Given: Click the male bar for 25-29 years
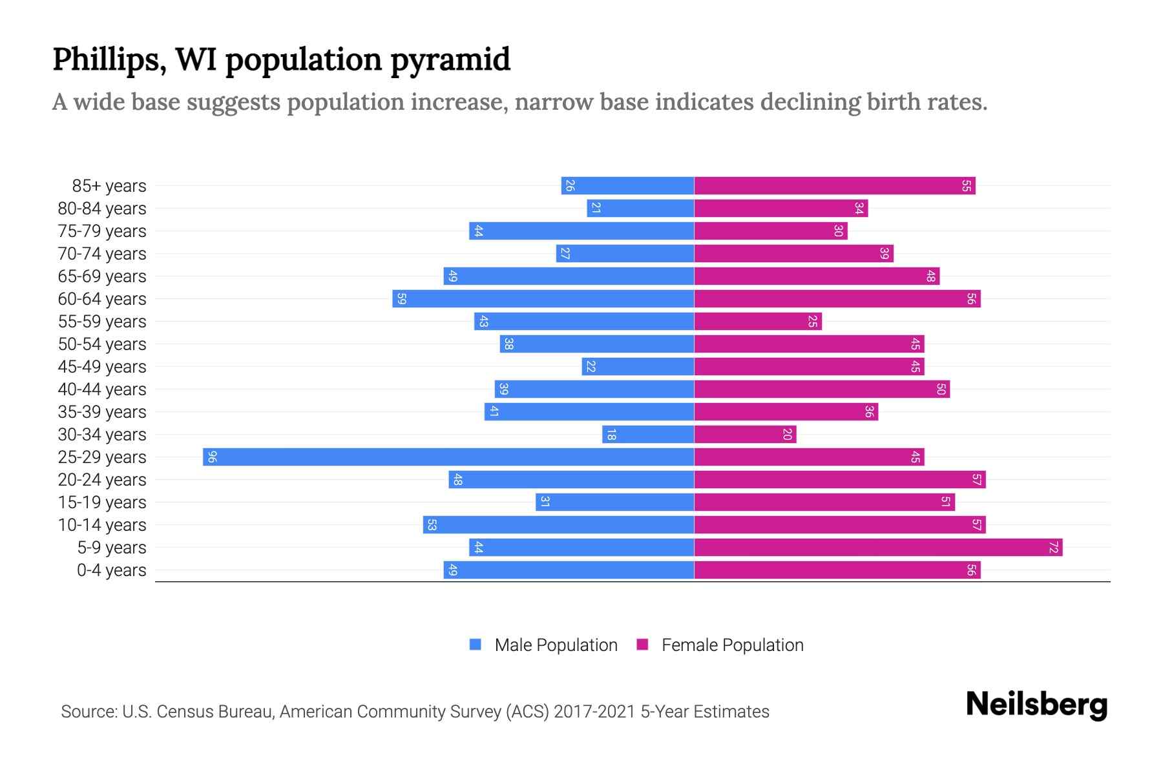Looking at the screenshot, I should pos(448,457).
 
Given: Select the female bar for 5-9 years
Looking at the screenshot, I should pos(878,548).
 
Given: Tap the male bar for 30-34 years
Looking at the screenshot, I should pos(648,435).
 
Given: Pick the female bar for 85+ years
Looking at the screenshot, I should pos(834,186).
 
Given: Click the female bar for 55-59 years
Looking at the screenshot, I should pos(758,322).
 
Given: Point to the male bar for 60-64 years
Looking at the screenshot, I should pos(543,299).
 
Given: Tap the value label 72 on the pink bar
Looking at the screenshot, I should pos(1053,548).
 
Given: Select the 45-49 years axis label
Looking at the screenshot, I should pos(102,367).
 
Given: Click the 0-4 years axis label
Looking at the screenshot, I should pos(111,570).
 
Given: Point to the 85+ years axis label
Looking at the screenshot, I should pos(109,186).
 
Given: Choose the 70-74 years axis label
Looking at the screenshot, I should pos(102,254).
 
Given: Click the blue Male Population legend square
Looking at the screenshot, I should pos(476,645).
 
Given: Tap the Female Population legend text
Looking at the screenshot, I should pos(732,645).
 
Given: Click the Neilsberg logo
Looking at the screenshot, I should pos(1036,705).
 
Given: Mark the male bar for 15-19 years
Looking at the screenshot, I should pos(614,502).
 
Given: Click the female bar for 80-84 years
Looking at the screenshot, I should pos(781,209).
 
